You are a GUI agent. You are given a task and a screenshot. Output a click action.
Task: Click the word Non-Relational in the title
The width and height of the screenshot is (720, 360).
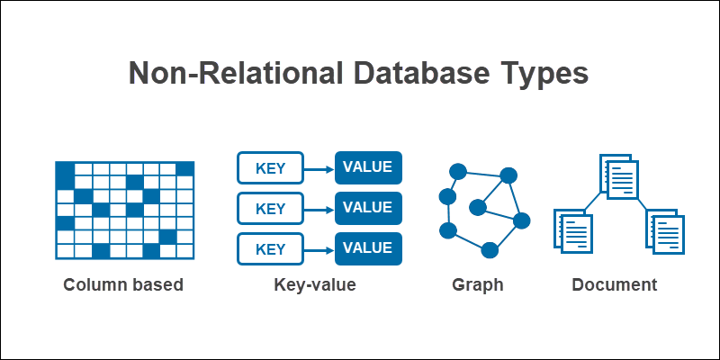[220, 74]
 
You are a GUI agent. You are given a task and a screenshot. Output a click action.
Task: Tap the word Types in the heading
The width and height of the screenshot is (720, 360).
[542, 74]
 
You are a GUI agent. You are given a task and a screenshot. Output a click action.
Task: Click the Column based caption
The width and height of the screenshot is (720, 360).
[123, 285]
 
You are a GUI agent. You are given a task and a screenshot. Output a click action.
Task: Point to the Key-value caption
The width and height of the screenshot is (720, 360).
[315, 285]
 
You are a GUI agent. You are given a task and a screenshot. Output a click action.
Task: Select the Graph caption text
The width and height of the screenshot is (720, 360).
[478, 285]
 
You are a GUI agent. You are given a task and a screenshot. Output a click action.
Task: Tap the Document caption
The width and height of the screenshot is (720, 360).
[615, 285]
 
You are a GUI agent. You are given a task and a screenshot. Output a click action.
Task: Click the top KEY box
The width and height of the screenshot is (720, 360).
[270, 168]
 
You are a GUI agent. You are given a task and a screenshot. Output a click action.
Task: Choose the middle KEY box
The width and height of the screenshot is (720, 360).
[270, 208]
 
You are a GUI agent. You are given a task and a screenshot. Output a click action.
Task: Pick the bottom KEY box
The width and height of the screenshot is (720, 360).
[270, 248]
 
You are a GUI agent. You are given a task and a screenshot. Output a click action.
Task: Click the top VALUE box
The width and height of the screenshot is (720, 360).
[368, 168]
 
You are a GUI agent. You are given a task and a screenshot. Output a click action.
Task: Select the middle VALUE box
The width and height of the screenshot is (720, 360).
[368, 208]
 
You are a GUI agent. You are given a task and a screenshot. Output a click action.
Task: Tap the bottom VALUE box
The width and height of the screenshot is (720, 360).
[368, 248]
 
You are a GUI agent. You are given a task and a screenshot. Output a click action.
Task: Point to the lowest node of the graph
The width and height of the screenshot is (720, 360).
[490, 249]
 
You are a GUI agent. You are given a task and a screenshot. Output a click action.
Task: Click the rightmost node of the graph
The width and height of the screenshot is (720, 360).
[521, 220]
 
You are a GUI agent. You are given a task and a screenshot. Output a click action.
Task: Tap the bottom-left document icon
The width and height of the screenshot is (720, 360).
[575, 229]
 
